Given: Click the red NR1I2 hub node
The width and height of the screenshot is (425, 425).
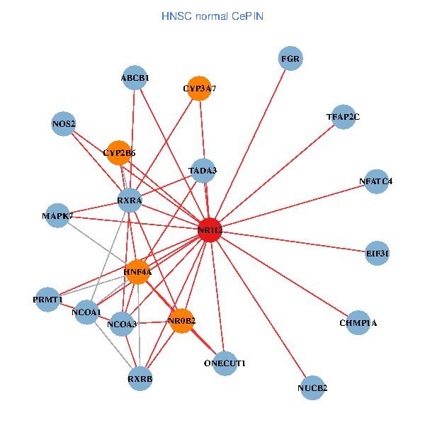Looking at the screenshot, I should tap(210, 230).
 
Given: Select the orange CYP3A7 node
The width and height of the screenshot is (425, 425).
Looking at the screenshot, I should tap(200, 89).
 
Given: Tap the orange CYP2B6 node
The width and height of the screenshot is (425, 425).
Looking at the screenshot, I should tap(118, 152).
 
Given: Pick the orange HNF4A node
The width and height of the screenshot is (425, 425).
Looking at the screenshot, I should tap(137, 271).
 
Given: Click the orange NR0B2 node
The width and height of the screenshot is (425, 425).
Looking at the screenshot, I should tap(182, 321).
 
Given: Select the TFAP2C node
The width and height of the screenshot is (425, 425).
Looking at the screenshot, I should tap(343, 117).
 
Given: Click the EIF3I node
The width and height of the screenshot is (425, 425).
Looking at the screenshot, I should tap(378, 253).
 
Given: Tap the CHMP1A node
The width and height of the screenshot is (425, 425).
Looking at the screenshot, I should tap(358, 323).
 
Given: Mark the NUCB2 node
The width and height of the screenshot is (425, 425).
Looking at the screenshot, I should tap(312, 387).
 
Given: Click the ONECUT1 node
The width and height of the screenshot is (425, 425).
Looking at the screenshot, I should tap(225, 363).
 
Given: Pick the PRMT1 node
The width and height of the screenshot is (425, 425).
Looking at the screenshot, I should tap(47, 300).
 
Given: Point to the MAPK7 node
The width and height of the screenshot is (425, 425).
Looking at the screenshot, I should tap(57, 216).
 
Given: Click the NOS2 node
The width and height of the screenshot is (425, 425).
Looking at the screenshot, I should tap(64, 124).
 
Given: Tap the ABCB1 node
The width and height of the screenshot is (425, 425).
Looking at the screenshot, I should tap(135, 77).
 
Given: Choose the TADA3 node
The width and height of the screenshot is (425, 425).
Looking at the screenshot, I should tap(203, 170).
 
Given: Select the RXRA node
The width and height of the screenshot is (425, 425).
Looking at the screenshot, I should tap(130, 200).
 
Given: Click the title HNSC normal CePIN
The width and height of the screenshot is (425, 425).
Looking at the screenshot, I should tap(212, 16).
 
